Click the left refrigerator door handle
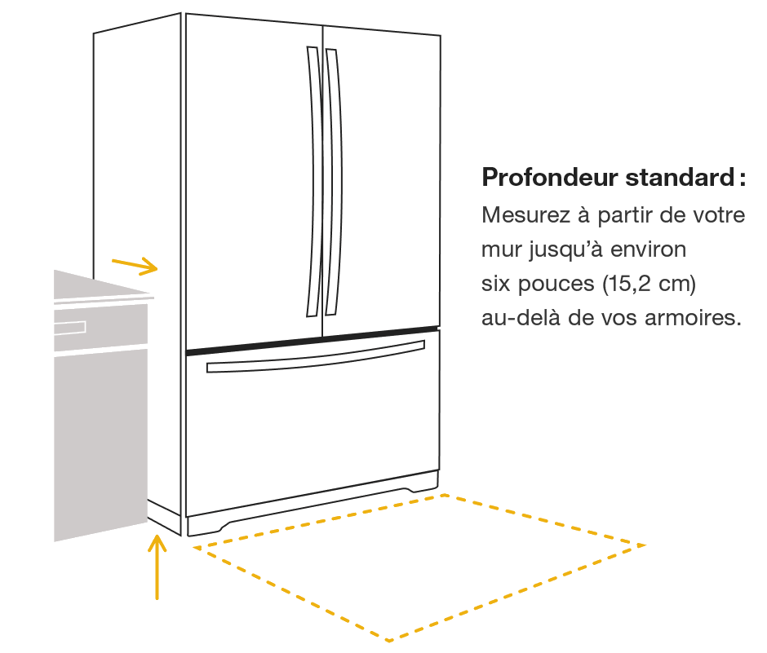coord(313,181)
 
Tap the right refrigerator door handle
coord(332,181)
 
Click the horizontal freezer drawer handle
coord(315,358)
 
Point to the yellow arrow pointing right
coord(134,264)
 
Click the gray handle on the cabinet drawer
coord(70,328)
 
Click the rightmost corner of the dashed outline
coord(645,545)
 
